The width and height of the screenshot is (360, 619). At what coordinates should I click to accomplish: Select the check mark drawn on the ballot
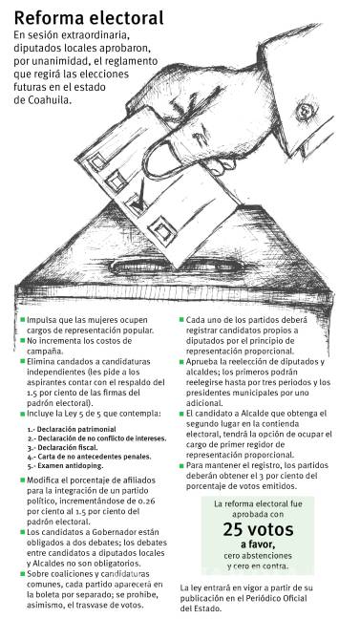pyautogui.click(x=139, y=199)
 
